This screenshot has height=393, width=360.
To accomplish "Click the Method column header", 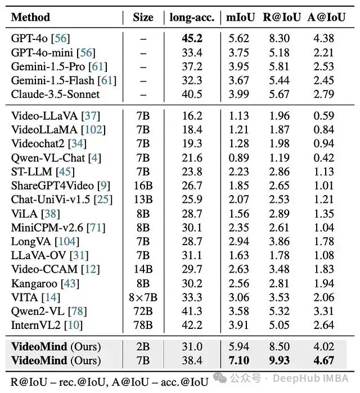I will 30,17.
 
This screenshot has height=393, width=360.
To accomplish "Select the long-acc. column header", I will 192,17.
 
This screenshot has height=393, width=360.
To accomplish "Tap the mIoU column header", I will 239,17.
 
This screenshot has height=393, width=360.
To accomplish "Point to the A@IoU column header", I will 325,17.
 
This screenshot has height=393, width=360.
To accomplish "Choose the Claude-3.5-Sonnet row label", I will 55,94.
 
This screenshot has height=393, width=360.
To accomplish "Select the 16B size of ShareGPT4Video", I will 143,186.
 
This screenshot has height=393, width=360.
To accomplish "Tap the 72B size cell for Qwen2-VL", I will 143,311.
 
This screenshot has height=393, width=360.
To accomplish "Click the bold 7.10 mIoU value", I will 239,360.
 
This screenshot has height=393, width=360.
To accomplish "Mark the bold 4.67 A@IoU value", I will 325,360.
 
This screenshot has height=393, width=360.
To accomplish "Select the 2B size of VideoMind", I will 143,346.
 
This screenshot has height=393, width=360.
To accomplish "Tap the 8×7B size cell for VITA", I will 143,297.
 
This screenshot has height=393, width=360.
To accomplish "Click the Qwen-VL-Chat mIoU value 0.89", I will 239,158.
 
